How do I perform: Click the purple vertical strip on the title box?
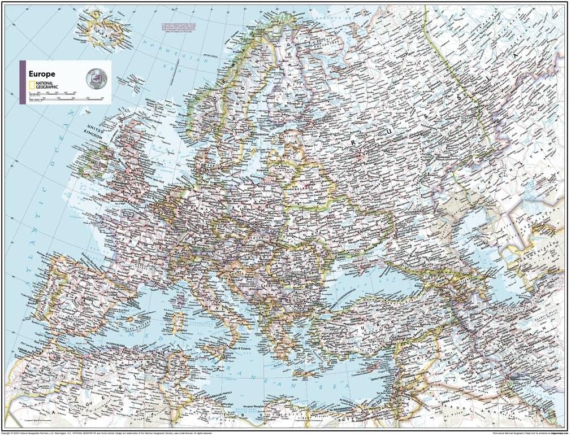[22, 82]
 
